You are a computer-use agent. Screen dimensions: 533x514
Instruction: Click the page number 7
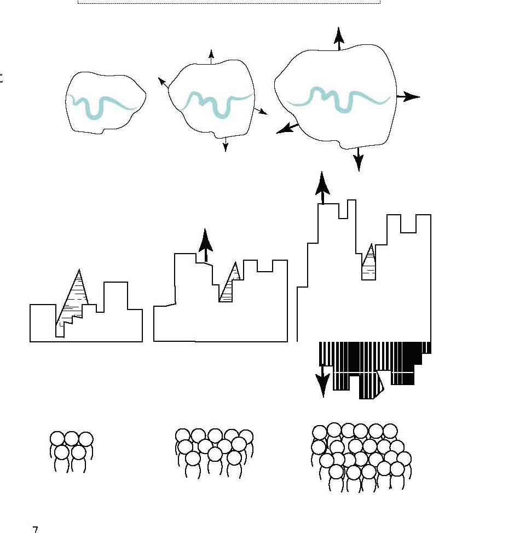click(x=36, y=529)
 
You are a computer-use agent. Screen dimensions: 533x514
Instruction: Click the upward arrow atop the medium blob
click(x=211, y=55)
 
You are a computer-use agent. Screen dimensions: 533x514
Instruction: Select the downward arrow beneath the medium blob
click(x=226, y=144)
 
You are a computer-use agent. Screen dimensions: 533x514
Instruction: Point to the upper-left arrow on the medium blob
click(x=163, y=83)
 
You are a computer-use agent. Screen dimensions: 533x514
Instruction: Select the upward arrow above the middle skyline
click(x=206, y=244)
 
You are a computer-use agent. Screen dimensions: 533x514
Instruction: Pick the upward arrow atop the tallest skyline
click(x=322, y=187)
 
